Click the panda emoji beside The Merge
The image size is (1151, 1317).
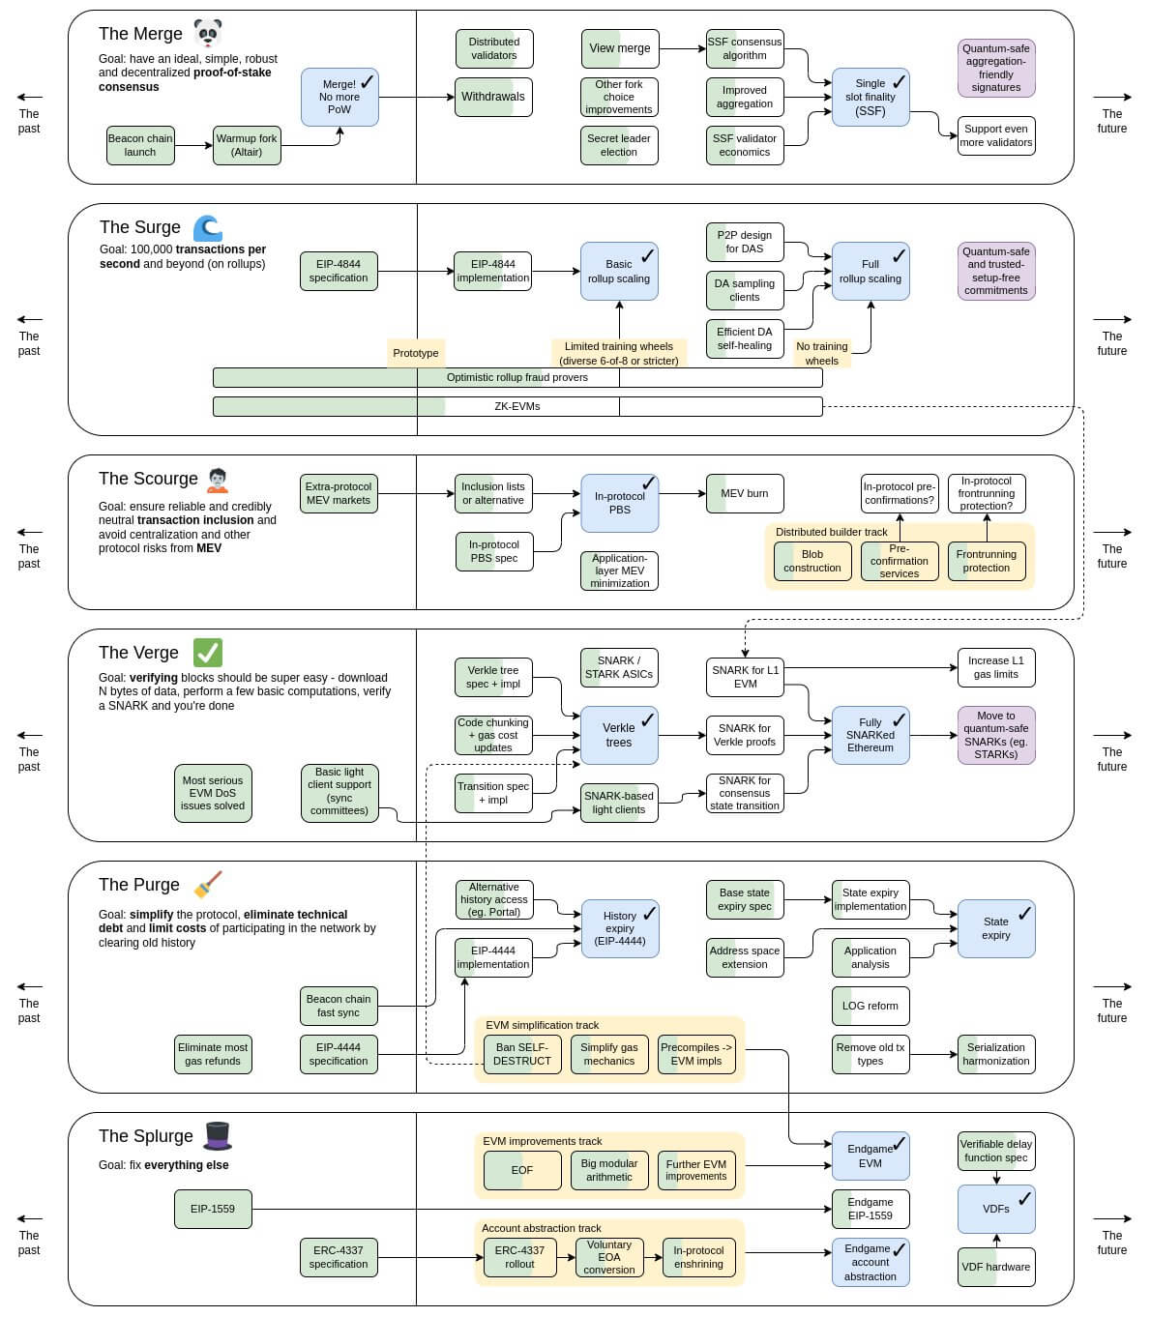coord(207,33)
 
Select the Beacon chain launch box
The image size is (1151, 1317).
coord(140,145)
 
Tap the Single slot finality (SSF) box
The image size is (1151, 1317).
coord(871,97)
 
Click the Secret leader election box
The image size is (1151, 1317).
coord(619,145)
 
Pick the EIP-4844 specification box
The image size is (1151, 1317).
coord(339,271)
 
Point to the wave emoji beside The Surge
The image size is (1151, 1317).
coord(208,227)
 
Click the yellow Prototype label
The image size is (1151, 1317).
coord(416,353)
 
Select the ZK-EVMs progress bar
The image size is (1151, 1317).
coord(517,406)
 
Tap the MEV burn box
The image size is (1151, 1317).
coord(745,493)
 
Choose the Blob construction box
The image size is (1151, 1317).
coord(812,561)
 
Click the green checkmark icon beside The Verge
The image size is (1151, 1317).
coord(208,653)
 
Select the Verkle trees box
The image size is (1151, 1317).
coord(619,735)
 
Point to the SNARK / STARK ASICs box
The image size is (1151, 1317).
coord(619,667)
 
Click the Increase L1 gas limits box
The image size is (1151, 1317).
coord(996,667)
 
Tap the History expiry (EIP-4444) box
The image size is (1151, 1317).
coord(619,928)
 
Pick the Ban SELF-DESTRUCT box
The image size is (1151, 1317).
coord(522,1054)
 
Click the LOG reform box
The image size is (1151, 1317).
coord(871,1006)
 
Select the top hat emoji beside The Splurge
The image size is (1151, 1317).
coord(217,1135)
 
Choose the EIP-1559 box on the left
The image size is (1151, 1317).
coord(213,1209)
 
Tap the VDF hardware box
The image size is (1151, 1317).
coord(996,1267)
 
